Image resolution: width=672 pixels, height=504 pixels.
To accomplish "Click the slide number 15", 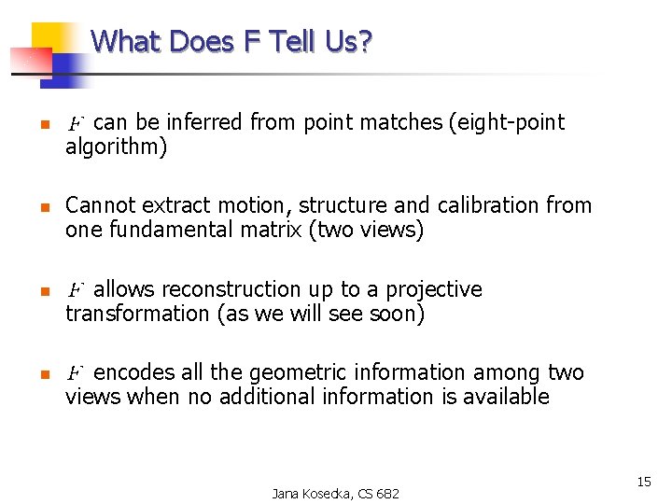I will [644, 482].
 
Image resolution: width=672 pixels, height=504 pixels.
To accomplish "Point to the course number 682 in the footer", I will [386, 493].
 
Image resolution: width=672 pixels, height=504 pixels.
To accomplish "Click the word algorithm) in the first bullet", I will [116, 147].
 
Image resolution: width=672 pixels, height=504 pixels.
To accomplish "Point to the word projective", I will [434, 289].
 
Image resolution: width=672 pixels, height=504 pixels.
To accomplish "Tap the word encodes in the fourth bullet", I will [134, 372].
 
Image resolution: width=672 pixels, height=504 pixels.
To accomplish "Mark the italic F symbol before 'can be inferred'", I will [77, 123].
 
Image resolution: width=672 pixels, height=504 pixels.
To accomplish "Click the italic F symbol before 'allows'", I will [77, 290].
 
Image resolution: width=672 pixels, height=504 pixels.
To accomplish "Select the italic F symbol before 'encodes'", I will [77, 373].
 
